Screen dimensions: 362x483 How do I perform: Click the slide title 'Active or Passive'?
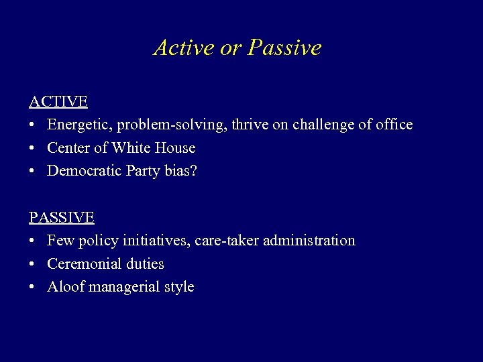coord(237,48)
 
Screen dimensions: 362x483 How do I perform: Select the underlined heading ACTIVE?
coord(58,102)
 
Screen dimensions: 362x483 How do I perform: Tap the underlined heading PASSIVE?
coord(61,217)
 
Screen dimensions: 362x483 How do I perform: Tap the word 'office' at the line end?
coord(393,125)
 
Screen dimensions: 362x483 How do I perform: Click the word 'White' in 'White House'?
coord(133,147)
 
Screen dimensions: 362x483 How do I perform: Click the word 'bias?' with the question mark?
coord(180,171)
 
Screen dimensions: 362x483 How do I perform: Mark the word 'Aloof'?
coord(65,287)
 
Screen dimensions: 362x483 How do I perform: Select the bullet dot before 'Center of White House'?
coord(32,148)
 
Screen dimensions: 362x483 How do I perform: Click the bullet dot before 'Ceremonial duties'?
coord(32,264)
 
